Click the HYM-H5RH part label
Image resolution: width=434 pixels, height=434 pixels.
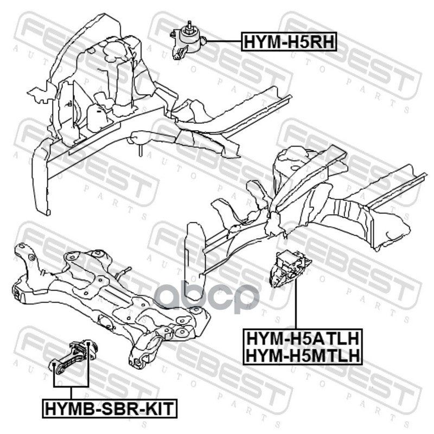click(289, 42)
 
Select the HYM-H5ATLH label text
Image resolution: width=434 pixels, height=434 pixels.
click(303, 338)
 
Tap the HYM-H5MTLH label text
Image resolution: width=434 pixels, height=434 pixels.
click(303, 355)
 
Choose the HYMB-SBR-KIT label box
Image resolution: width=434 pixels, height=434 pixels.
click(110, 409)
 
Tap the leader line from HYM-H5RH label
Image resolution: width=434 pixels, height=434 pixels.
click(224, 42)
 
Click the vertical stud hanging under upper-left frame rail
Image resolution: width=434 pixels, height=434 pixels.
click(141, 150)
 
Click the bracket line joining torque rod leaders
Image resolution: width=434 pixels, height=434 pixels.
click(71, 387)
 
